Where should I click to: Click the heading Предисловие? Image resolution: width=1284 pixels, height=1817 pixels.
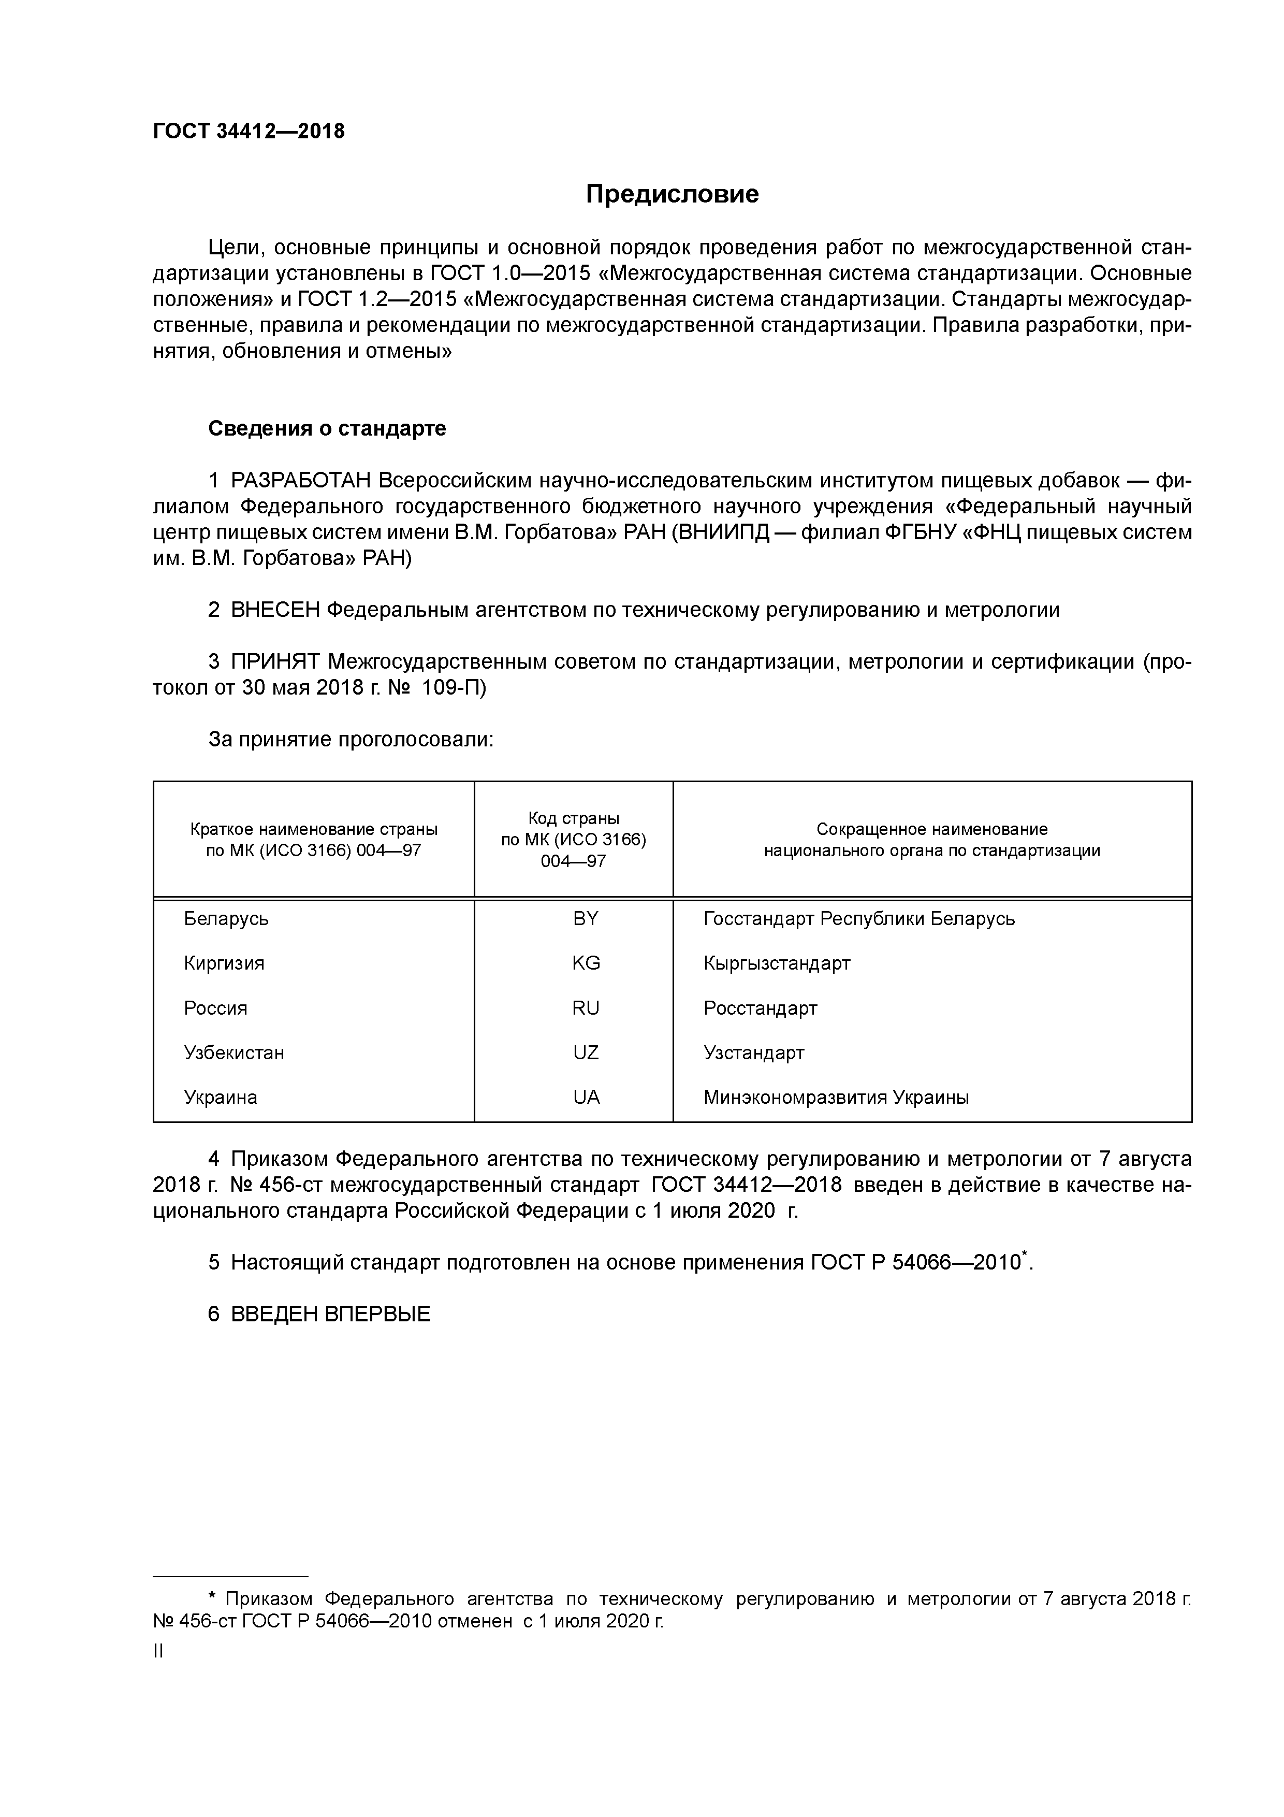pyautogui.click(x=672, y=194)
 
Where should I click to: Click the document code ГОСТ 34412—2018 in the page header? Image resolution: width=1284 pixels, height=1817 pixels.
pyautogui.click(x=249, y=132)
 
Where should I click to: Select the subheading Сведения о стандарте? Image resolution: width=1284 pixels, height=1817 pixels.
pyautogui.click(x=327, y=428)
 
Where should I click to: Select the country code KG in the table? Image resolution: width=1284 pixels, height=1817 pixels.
pyautogui.click(x=586, y=963)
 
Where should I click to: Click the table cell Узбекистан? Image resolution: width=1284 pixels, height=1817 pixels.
pyautogui.click(x=234, y=1052)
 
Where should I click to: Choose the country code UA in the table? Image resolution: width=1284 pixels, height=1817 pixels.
pyautogui.click(x=586, y=1098)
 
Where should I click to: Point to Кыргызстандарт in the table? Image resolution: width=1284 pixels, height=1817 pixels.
pyautogui.click(x=776, y=963)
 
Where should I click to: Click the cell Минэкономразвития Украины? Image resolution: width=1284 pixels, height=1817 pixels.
pyautogui.click(x=836, y=1098)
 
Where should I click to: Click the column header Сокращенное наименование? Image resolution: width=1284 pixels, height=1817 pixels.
pyautogui.click(x=931, y=829)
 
